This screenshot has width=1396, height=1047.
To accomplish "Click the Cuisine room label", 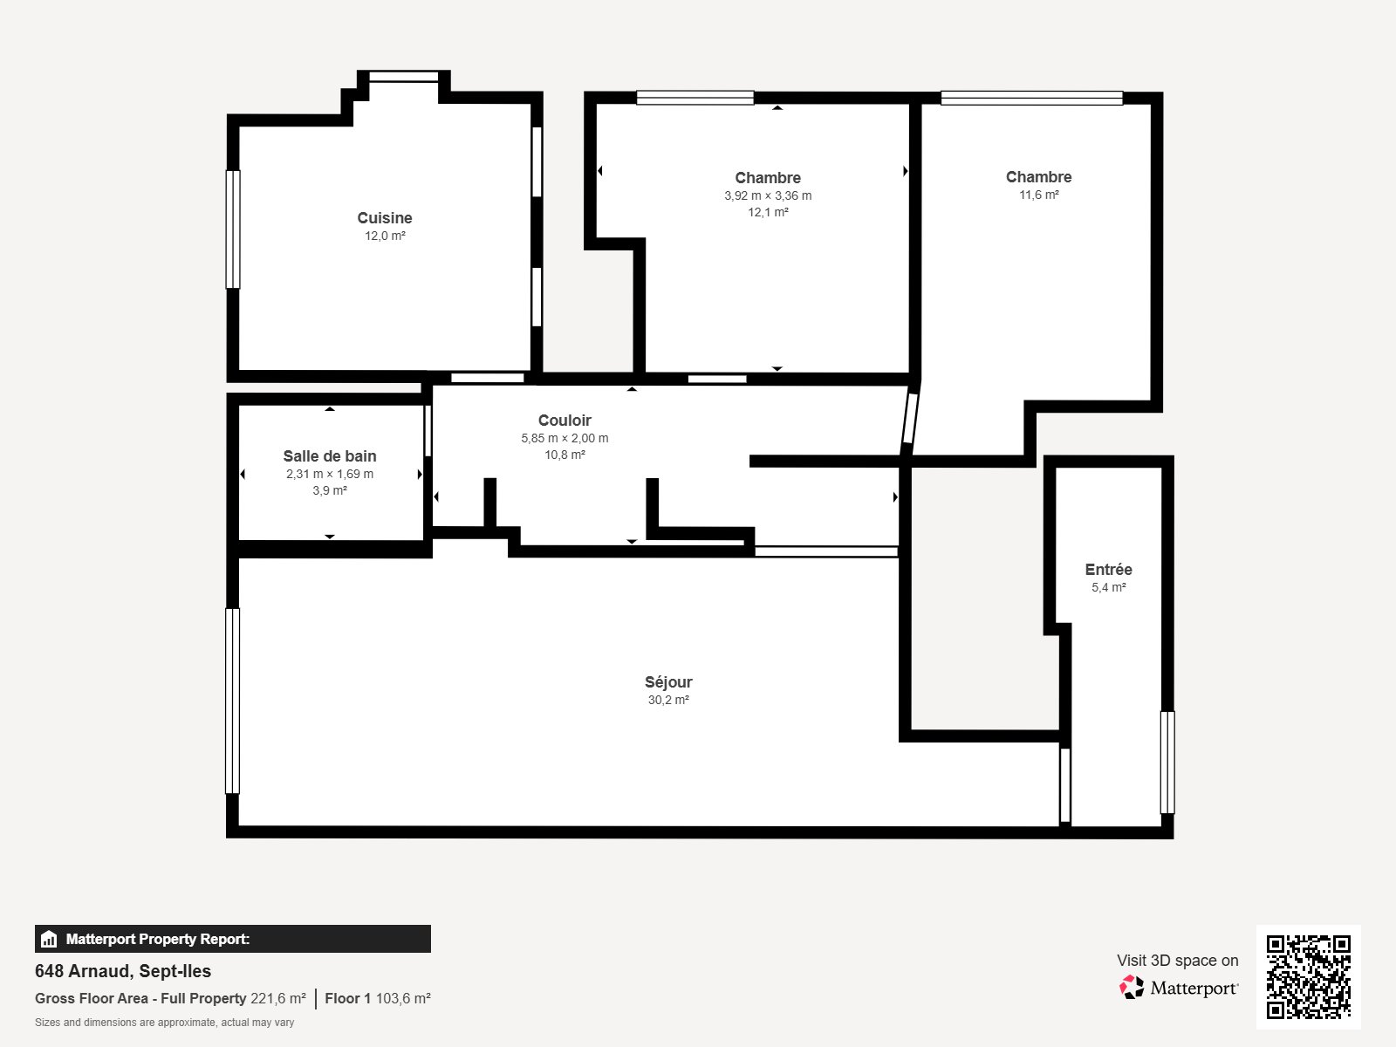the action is point(384,218).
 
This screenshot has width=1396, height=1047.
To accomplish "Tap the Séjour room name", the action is point(668,682).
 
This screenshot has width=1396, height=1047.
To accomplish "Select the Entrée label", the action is point(1109,570).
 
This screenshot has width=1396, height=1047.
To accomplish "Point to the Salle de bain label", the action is point(330,455).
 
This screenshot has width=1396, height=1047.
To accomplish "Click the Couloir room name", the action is point(565,421).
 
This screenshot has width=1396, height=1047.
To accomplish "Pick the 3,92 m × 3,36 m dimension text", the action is point(768,195).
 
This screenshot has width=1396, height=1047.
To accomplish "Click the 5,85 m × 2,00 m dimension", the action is point(565,438).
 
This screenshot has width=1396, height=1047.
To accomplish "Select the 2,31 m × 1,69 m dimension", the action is point(330,474).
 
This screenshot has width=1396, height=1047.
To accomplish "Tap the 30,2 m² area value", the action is point(668,700).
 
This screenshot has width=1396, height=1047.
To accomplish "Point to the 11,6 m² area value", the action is point(1038,195).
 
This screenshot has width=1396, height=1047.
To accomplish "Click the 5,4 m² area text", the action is point(1109,587).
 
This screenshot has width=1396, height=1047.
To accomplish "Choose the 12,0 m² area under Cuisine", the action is point(385,236).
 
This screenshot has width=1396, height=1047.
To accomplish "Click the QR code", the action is point(1308,977).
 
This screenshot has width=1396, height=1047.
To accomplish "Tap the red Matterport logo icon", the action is point(1132,988).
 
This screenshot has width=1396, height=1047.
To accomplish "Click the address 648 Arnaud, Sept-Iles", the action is point(123,971).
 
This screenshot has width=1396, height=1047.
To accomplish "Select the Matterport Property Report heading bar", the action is point(233,939).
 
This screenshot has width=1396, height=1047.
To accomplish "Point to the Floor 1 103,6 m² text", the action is point(378,998).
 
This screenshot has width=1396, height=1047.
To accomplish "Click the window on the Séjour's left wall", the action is point(233,701).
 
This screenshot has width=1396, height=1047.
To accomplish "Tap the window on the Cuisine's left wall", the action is point(233,229).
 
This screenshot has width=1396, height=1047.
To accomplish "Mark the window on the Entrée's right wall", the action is point(1167,763).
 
